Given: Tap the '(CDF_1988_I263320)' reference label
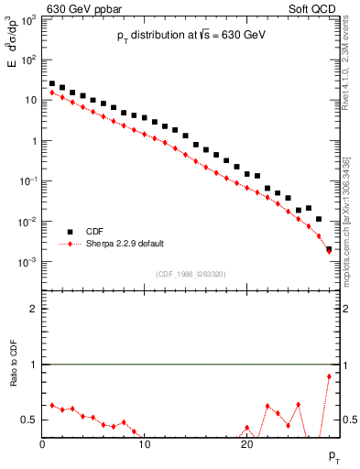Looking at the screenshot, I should tap(191, 274).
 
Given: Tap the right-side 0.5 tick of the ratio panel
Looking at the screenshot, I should tap(350, 420).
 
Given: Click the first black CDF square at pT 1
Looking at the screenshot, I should tap(53, 83).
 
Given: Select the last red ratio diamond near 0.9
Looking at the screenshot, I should tap(329, 376).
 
